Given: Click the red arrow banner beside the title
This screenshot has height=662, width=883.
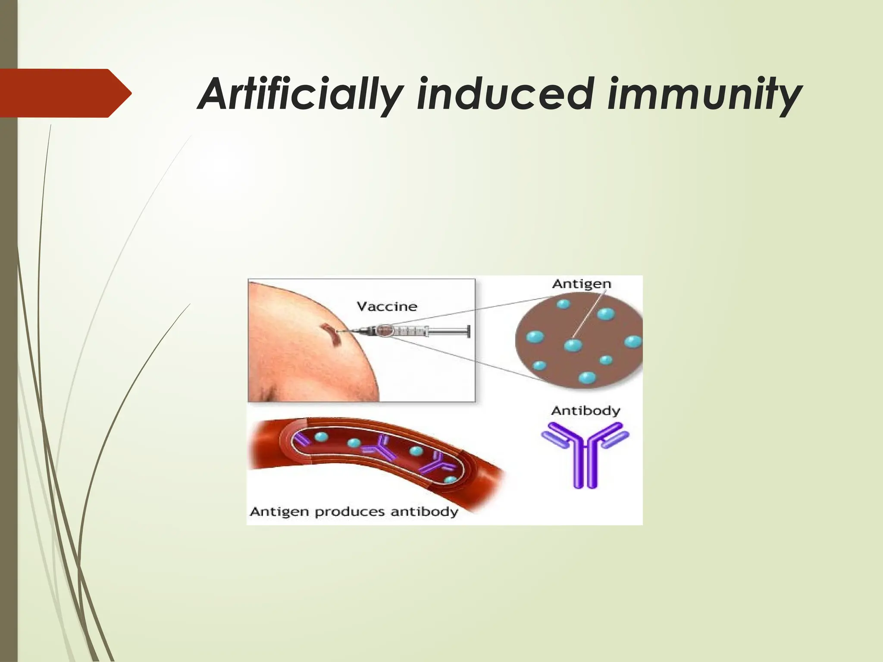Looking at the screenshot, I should click(x=65, y=93).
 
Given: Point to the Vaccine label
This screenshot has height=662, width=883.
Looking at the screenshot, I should click(x=387, y=306).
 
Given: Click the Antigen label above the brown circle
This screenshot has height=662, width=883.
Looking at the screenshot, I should click(x=582, y=284).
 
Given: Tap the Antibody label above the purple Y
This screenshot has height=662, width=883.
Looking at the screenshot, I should click(x=585, y=411).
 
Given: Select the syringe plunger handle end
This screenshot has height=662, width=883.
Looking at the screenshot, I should click(x=468, y=331).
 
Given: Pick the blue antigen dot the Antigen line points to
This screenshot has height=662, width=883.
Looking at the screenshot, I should click(x=573, y=345).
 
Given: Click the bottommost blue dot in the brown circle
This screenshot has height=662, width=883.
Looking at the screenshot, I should click(x=587, y=378).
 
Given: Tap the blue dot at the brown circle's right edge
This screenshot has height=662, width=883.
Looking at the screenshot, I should click(x=633, y=342).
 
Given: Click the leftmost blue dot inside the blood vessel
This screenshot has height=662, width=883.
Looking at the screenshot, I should click(x=321, y=437).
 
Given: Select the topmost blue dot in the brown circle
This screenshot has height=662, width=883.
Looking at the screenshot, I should click(x=563, y=304).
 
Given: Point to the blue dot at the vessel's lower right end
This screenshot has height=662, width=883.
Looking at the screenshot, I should click(x=450, y=479).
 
